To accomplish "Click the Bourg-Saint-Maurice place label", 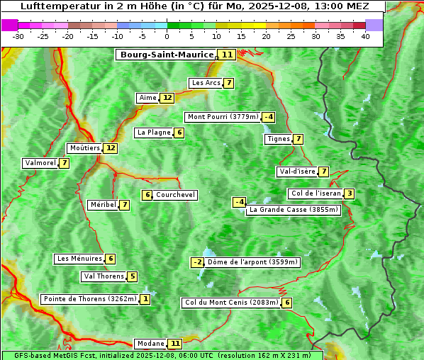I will pos(167,55).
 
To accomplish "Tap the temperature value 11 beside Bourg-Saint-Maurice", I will pos(227,55).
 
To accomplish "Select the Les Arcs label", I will pos(206,83).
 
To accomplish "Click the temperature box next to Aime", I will pos(167,98).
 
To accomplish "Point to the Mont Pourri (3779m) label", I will pos(222,117).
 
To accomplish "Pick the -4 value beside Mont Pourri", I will pos(268,117).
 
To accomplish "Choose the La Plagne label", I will pos(151,133).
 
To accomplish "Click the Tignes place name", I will pos(278,139).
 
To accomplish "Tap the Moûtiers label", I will pos(84,148).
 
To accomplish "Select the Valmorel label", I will pos(40,163).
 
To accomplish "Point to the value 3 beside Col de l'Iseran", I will pos(349,193).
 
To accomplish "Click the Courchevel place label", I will pos(175,195).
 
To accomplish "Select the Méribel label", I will pos(103,205).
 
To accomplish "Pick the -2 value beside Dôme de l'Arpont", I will pos(197,262).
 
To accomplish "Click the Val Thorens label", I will pos(104,276).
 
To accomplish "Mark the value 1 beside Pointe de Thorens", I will pos(145,299).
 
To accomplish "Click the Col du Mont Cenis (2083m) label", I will pos(231,303).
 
